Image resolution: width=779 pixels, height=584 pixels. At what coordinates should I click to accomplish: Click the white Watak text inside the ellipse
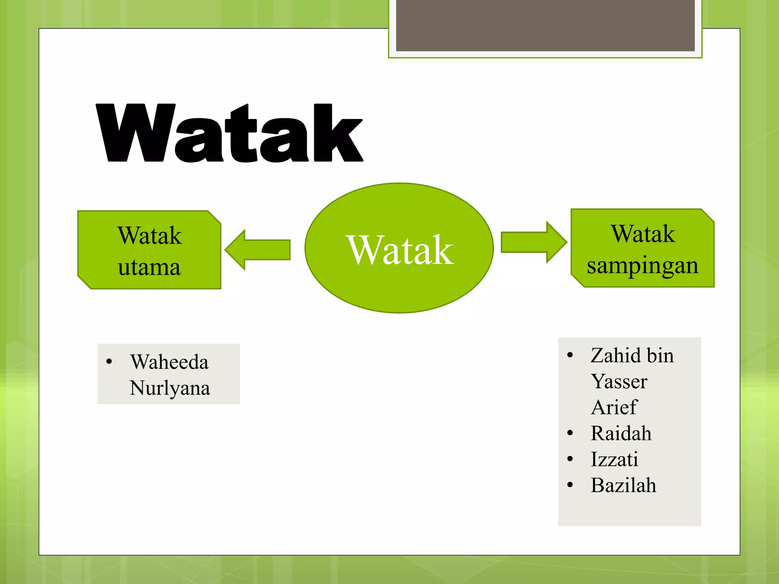pos(400,250)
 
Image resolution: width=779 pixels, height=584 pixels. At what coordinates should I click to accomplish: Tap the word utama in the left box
pos(149,267)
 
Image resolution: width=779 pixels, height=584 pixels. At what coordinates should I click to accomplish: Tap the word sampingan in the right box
pos(642,266)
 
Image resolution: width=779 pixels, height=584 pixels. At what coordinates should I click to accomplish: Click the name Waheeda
pos(169,362)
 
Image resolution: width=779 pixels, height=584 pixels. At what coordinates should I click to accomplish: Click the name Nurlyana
pos(170,388)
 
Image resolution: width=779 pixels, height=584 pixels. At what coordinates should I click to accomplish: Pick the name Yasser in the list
pos(619,381)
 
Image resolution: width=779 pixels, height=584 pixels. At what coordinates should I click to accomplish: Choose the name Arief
pos(614,407)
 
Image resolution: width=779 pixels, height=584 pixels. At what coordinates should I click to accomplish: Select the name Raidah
pos(621,433)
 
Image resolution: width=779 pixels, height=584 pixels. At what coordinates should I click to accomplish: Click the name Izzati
pos(614,459)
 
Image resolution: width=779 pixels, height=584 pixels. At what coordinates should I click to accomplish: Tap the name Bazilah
pos(623,485)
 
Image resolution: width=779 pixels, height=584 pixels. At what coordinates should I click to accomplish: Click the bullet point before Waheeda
pos(109,362)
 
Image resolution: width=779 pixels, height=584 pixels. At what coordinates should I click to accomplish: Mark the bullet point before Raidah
pos(570,433)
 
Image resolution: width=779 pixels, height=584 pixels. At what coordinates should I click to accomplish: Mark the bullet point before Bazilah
pos(570,485)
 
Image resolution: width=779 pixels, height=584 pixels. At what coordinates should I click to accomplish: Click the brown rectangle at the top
pos(545,25)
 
